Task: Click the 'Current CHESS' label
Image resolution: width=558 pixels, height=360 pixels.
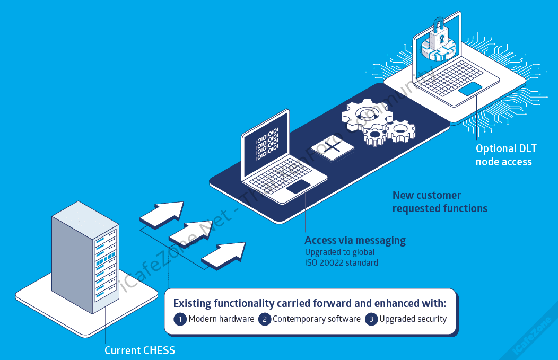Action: pyautogui.click(x=139, y=350)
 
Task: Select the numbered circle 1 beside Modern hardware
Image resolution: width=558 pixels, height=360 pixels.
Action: pyautogui.click(x=180, y=319)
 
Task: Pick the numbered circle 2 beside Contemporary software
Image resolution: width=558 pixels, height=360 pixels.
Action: pyautogui.click(x=265, y=319)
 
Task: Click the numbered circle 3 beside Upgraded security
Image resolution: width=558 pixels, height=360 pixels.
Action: pyautogui.click(x=371, y=319)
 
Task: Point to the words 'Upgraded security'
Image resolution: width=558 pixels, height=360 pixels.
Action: pyautogui.click(x=413, y=319)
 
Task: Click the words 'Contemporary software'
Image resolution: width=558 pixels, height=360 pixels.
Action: pyautogui.click(x=317, y=319)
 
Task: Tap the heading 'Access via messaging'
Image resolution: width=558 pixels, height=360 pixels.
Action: pyautogui.click(x=355, y=240)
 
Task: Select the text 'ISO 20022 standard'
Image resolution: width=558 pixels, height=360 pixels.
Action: pyautogui.click(x=341, y=262)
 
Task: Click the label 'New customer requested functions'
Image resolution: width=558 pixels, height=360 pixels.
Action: pyautogui.click(x=439, y=202)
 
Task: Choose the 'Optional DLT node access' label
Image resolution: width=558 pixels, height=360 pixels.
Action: pyautogui.click(x=503, y=155)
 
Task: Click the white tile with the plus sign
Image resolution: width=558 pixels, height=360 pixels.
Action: pyautogui.click(x=333, y=147)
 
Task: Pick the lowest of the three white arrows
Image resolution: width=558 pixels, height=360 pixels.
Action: pyautogui.click(x=223, y=253)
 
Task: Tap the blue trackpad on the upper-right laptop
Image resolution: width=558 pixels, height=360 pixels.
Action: pyautogui.click(x=470, y=89)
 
